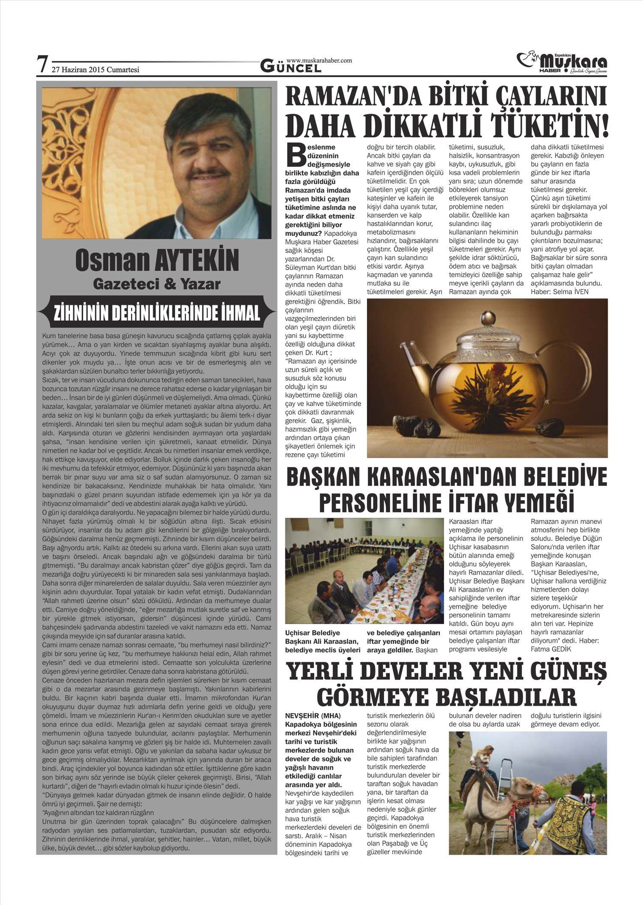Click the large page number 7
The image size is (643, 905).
click(x=42, y=65)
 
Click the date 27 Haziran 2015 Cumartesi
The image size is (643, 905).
click(x=95, y=69)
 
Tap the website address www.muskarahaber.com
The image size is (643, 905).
click(x=319, y=60)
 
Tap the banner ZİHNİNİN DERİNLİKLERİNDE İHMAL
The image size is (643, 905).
click(x=156, y=313)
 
